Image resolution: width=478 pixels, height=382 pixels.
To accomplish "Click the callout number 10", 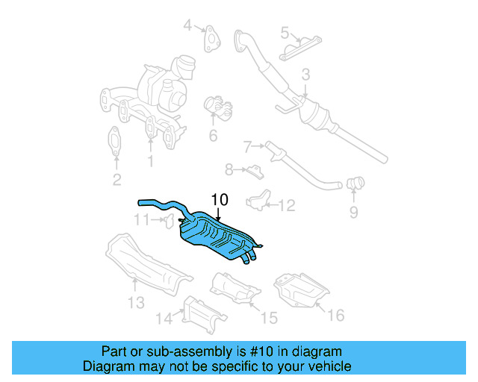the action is click(x=219, y=200).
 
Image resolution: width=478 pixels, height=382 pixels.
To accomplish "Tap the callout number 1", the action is click(x=151, y=160).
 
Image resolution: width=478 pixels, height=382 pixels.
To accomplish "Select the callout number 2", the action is click(x=117, y=178).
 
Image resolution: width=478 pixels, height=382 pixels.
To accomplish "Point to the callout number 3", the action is click(x=305, y=75).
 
